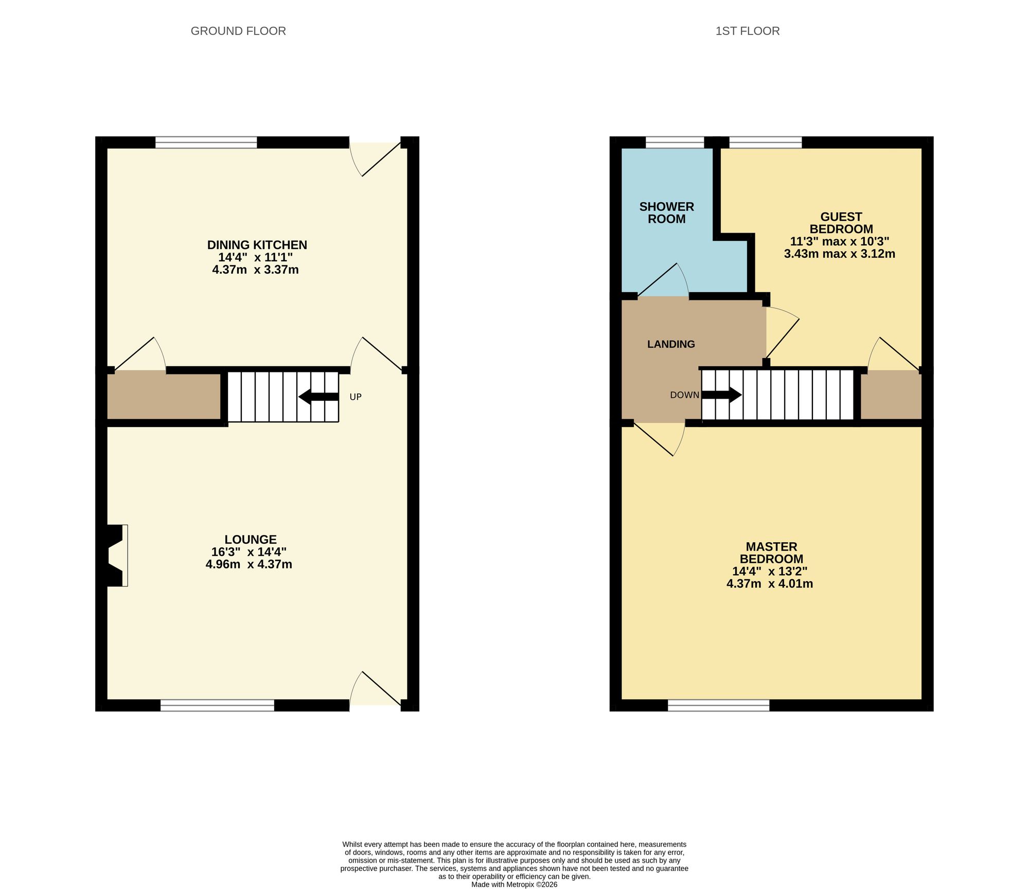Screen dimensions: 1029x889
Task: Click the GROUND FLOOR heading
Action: (238, 31)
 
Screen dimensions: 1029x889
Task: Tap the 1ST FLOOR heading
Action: (748, 31)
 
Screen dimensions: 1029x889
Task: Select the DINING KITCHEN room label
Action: (257, 245)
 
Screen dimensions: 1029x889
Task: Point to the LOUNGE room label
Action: (251, 539)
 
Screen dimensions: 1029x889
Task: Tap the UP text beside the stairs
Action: (356, 397)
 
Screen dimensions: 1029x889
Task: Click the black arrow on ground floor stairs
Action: (318, 397)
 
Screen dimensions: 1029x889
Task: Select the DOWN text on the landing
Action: (684, 395)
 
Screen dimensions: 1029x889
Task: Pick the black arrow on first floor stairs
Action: (722, 395)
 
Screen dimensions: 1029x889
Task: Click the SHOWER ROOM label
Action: (667, 213)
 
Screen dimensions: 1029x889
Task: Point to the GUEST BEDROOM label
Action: (841, 223)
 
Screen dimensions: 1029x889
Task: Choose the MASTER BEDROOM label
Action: (771, 553)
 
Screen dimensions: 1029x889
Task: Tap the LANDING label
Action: (671, 344)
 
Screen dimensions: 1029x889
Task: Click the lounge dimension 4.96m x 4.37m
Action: (249, 564)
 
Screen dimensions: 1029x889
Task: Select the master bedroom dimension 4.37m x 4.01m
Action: (770, 583)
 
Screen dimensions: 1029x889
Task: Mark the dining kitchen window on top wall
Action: (206, 143)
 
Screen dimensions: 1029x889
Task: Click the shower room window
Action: (675, 143)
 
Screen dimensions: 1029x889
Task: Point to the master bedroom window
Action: (718, 705)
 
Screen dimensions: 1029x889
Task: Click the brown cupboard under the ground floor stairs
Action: (164, 396)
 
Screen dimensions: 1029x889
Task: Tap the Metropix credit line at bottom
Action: (514, 885)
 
